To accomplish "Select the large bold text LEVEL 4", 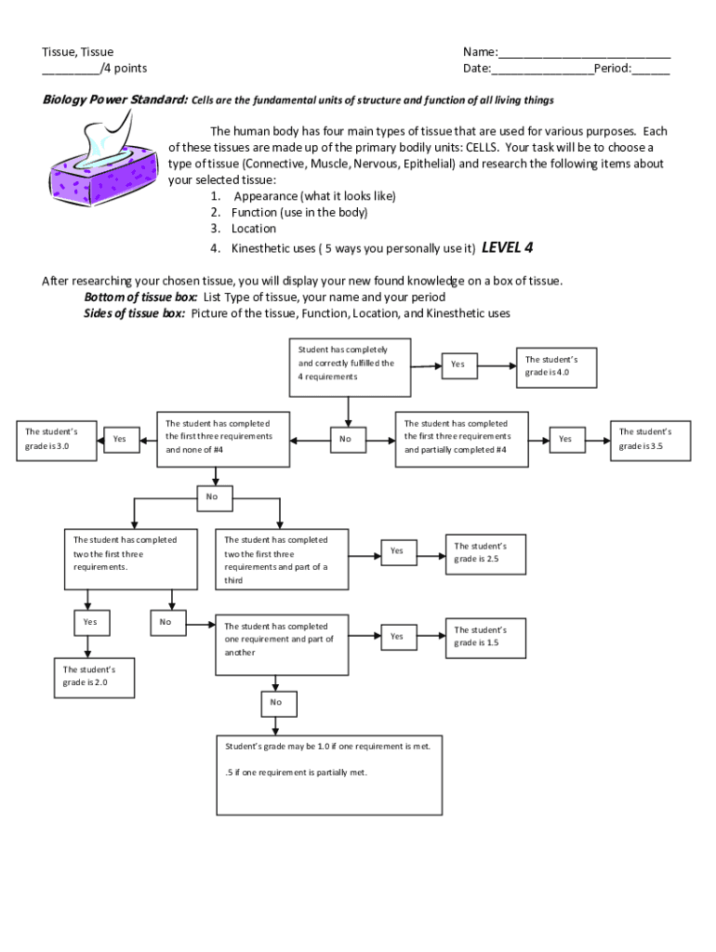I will (507, 247).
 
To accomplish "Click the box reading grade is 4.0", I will (557, 366).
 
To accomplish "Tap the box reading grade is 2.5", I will (487, 553).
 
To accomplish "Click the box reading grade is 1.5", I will (487, 637).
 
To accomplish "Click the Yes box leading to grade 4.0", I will (457, 364).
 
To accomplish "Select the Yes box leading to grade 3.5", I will (565, 439).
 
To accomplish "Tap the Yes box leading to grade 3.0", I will (119, 439).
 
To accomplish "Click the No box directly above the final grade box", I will (276, 703).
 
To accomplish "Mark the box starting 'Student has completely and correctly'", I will (349, 364).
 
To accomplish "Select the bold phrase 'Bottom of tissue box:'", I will (140, 297).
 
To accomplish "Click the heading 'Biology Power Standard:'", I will (115, 100).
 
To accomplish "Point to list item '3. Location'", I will (244, 229).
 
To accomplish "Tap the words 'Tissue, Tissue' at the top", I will (78, 53).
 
